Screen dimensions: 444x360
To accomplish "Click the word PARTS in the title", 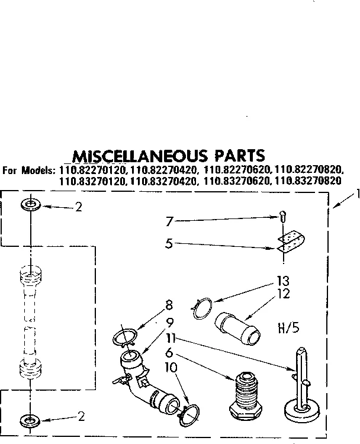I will click(x=235, y=156).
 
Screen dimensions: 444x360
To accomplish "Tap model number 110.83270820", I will click(x=308, y=182).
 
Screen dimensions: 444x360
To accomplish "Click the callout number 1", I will click(x=355, y=193).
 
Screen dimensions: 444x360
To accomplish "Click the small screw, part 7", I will click(x=283, y=218).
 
